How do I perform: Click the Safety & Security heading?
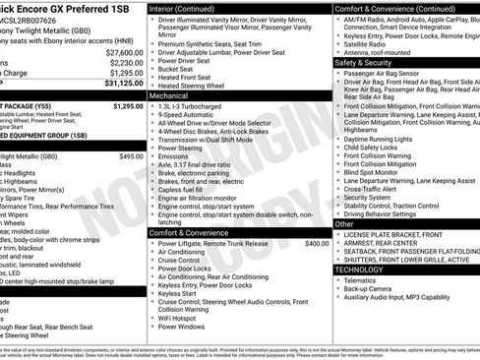(x=363, y=62)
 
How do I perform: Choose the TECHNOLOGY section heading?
(x=359, y=269)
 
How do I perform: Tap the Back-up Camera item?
(x=369, y=287)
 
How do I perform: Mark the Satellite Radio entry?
(x=365, y=42)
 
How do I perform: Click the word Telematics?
(x=361, y=278)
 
